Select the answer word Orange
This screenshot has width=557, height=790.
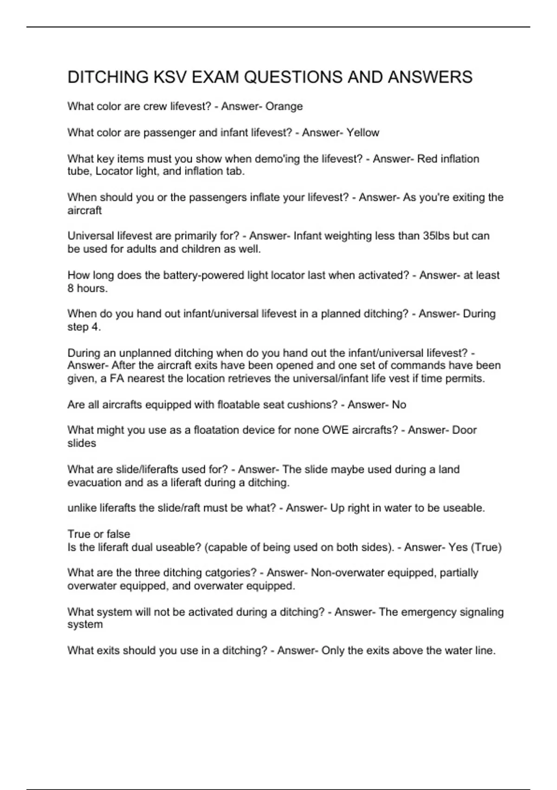[284, 106]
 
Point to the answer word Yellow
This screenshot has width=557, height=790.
[363, 133]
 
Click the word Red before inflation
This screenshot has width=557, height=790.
[427, 159]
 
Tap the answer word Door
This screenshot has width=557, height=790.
[465, 430]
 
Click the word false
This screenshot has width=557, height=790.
[118, 534]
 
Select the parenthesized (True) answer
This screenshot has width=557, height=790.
[486, 547]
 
